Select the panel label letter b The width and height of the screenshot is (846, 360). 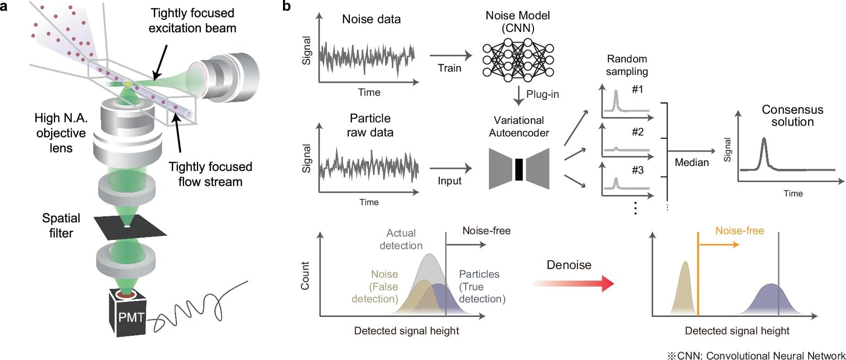(287, 6)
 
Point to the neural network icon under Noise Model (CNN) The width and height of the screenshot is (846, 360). (518, 60)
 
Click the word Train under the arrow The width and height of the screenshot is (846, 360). (449, 68)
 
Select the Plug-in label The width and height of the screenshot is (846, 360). (542, 94)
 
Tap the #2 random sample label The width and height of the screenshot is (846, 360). (638, 132)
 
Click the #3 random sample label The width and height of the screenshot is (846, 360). (638, 170)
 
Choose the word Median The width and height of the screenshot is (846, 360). (692, 163)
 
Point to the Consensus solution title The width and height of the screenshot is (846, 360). (792, 116)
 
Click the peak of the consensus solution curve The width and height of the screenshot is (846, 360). (764, 139)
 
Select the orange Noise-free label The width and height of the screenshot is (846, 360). (740, 231)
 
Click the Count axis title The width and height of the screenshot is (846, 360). (305, 276)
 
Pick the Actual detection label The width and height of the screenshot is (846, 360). (401, 239)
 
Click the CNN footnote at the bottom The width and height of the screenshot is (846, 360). (756, 356)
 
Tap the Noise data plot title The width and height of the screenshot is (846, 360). (371, 19)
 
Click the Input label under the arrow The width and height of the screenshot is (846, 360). (449, 181)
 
